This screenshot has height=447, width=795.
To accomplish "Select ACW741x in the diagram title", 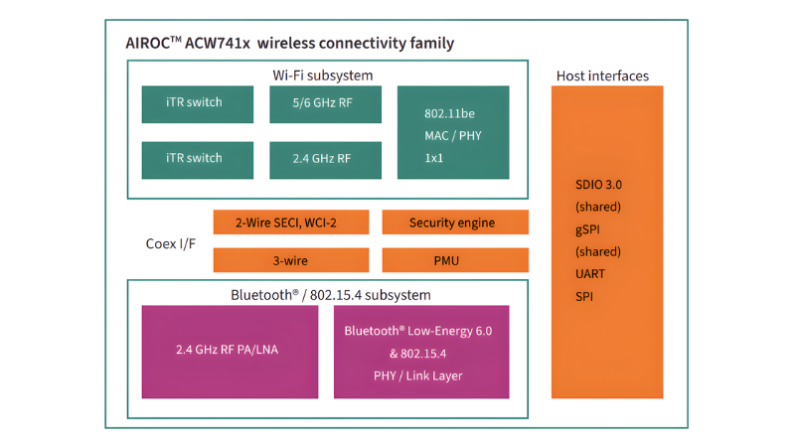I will pyautogui.click(x=220, y=44).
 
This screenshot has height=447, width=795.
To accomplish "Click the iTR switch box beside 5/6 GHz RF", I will pyautogui.click(x=195, y=103).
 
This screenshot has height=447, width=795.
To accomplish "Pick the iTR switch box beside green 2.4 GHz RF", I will pyautogui.click(x=195, y=159).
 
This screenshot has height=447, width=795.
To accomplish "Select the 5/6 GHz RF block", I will pyautogui.click(x=325, y=103).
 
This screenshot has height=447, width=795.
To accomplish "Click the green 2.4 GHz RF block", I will pyautogui.click(x=325, y=159).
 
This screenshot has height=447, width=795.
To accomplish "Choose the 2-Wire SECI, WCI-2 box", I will pyautogui.click(x=291, y=223).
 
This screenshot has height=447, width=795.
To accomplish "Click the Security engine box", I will pyautogui.click(x=455, y=223).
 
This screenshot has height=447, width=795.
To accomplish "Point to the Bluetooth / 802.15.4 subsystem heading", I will pyautogui.click(x=331, y=295).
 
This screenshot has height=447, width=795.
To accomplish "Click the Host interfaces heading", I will pyautogui.click(x=603, y=75).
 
